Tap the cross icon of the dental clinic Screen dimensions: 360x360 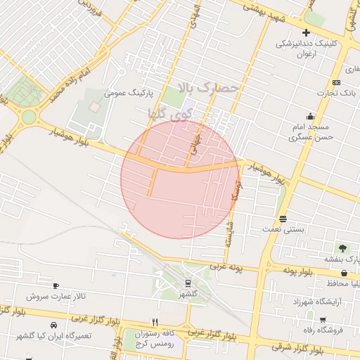coord(306,33)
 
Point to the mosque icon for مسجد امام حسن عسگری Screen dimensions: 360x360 coord(310,116)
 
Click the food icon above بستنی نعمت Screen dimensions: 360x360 coord(283,219)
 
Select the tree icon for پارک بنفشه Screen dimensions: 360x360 coord(342,248)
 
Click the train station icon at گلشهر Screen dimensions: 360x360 coord(188,283)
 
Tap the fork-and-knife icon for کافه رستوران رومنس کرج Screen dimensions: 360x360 coord(145,322)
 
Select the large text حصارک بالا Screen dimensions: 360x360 coord(210,89)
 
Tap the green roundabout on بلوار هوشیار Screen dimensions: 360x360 coord(28,117)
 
